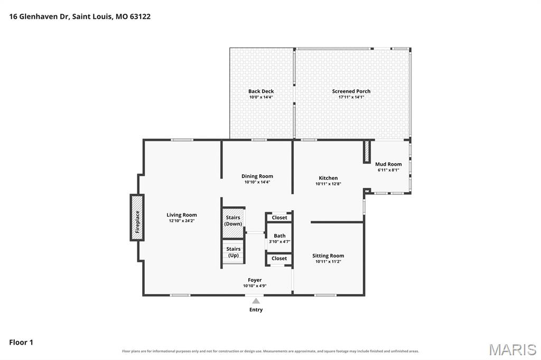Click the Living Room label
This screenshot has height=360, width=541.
coord(182,215)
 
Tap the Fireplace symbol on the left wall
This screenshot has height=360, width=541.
coord(137,217)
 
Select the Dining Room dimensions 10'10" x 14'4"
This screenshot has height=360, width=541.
coord(257,182)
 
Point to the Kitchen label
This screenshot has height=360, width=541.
coord(328,178)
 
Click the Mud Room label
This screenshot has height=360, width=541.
coord(388,164)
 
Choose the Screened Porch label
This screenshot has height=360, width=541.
coord(351,91)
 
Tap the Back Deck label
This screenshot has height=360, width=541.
coord(261,91)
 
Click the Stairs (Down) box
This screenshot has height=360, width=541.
coord(233,222)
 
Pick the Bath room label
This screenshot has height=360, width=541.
coord(279,236)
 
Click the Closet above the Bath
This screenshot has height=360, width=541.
coord(279,217)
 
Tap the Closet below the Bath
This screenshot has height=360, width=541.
coord(279,258)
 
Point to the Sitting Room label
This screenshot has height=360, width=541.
coord(328,255)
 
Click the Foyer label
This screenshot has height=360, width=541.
coord(255,280)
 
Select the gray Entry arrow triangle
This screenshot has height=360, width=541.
coord(256,301)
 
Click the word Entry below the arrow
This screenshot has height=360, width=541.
coord(256,310)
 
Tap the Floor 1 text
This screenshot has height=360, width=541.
coord(21,343)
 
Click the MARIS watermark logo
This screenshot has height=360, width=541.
coord(512,349)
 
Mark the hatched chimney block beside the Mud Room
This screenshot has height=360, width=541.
coord(367,151)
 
